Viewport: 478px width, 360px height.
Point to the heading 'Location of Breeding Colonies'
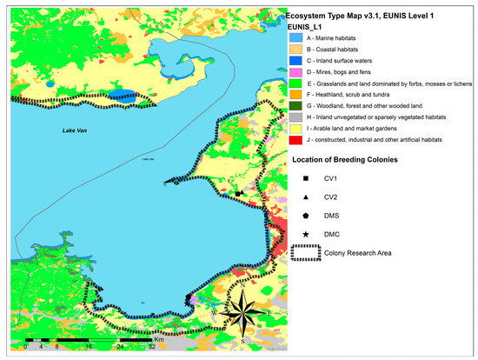[352, 160]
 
